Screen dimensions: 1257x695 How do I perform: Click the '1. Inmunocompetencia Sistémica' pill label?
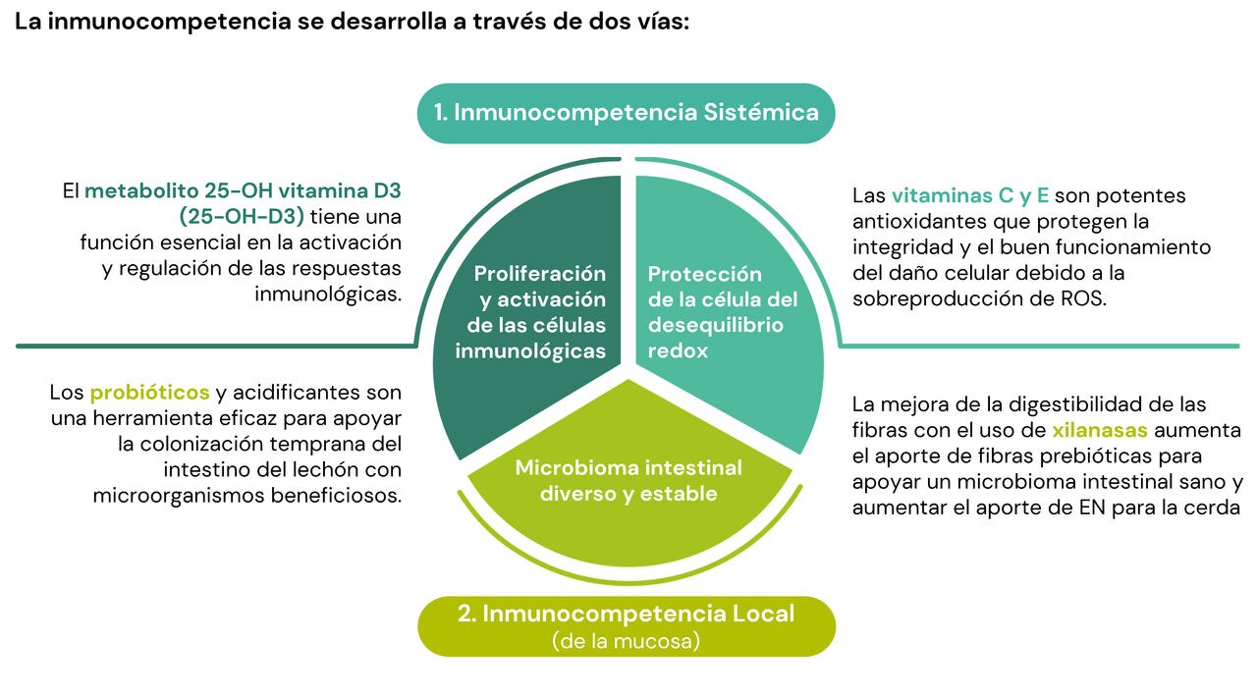[x=626, y=113]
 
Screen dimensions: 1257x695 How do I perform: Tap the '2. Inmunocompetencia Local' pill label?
[x=627, y=626]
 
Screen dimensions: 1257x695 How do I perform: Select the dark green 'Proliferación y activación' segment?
[x=527, y=314]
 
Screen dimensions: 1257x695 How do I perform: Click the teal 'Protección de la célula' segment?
[x=730, y=314]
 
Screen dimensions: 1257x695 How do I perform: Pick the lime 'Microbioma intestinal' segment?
[x=628, y=482]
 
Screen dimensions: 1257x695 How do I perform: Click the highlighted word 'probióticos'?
[x=149, y=393]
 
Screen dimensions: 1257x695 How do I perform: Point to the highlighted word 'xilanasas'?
[x=1099, y=430]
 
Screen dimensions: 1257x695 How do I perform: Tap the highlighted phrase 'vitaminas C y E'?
[x=969, y=195]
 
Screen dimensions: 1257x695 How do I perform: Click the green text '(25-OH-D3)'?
[x=242, y=217]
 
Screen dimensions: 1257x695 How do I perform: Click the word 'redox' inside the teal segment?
[x=678, y=351]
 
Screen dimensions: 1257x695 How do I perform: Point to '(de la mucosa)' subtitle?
[x=627, y=641]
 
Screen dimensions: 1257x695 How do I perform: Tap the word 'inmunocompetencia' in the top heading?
[x=169, y=22]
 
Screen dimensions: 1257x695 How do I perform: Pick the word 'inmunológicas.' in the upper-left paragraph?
[x=328, y=294]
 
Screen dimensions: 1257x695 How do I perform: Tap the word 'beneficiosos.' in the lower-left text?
[x=336, y=496]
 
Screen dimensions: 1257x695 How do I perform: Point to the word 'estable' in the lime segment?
[x=679, y=494]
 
